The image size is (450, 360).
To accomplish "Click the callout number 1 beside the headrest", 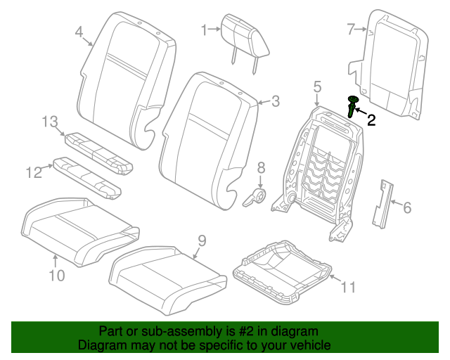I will (x=205, y=30).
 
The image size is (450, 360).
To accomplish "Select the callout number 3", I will (x=275, y=101).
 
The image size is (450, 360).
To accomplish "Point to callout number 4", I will (x=79, y=32).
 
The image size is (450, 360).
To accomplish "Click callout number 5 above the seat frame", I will (x=317, y=86).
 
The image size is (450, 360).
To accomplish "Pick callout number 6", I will (x=406, y=207).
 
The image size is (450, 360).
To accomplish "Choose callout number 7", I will (x=351, y=29).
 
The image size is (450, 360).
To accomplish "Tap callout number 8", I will (x=261, y=167).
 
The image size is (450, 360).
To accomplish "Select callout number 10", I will (x=56, y=275).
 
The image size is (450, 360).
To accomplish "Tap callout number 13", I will (x=49, y=122).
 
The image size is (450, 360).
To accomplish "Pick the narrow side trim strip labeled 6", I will (x=382, y=203).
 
